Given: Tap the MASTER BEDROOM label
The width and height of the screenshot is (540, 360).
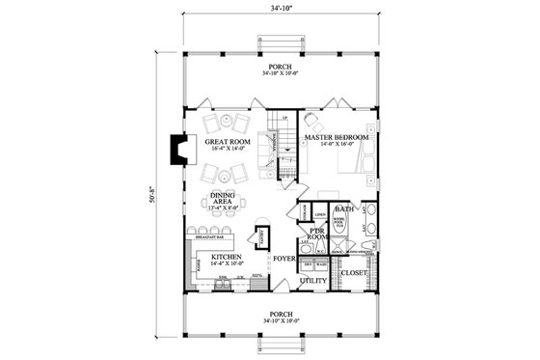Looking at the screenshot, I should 337,138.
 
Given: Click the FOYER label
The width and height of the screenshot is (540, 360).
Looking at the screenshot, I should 283,259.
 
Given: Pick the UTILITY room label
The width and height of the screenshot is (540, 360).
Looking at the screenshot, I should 312,281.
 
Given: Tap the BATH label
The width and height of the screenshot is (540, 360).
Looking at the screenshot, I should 343,208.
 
